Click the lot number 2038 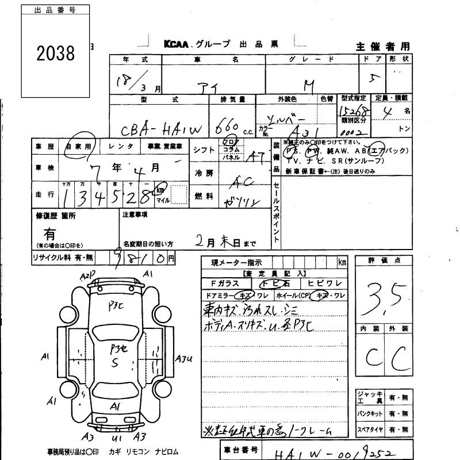(x=56, y=53)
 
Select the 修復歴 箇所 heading (x=56, y=216)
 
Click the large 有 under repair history (x=51, y=233)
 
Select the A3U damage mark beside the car (x=184, y=359)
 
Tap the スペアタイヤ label (x=370, y=430)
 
